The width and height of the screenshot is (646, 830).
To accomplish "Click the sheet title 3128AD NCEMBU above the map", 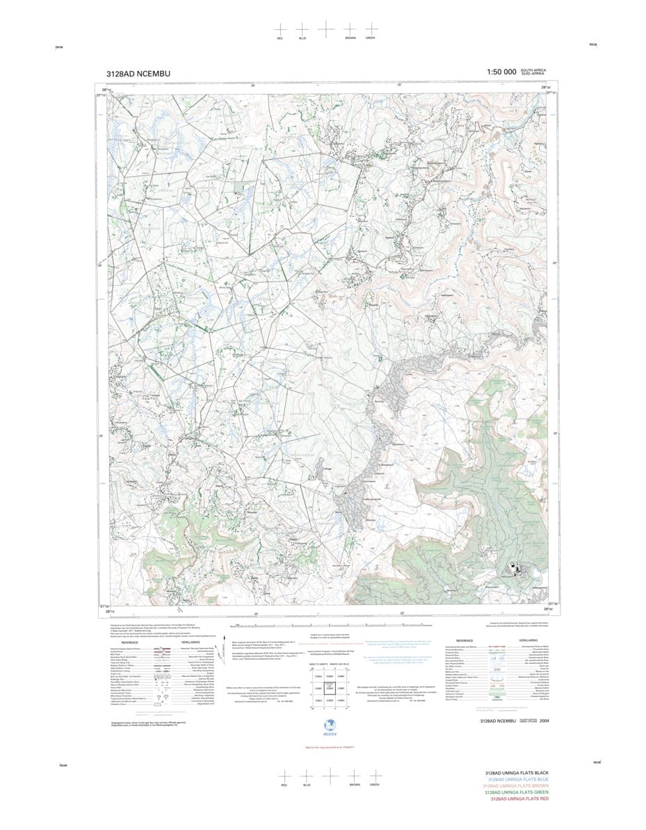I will pyautogui.click(x=138, y=73).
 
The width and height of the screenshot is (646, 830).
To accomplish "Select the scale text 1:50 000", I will pyautogui.click(x=501, y=72).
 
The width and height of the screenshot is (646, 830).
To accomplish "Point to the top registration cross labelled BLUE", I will pyautogui.click(x=302, y=29).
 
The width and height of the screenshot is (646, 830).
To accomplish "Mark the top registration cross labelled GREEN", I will pyautogui.click(x=370, y=29).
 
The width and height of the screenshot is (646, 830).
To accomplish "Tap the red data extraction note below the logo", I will pyautogui.click(x=325, y=747).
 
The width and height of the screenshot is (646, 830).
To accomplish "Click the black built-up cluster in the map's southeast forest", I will pyautogui.click(x=515, y=568).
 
